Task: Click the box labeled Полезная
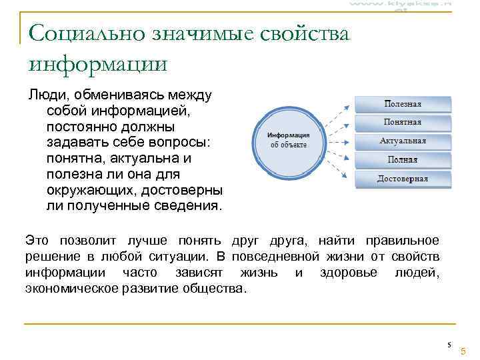[x=403, y=104]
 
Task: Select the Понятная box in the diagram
[x=403, y=123]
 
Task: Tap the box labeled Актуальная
[x=403, y=141]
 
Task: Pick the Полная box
[x=403, y=160]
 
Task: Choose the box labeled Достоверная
[x=403, y=179]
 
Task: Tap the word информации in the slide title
[x=97, y=64]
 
